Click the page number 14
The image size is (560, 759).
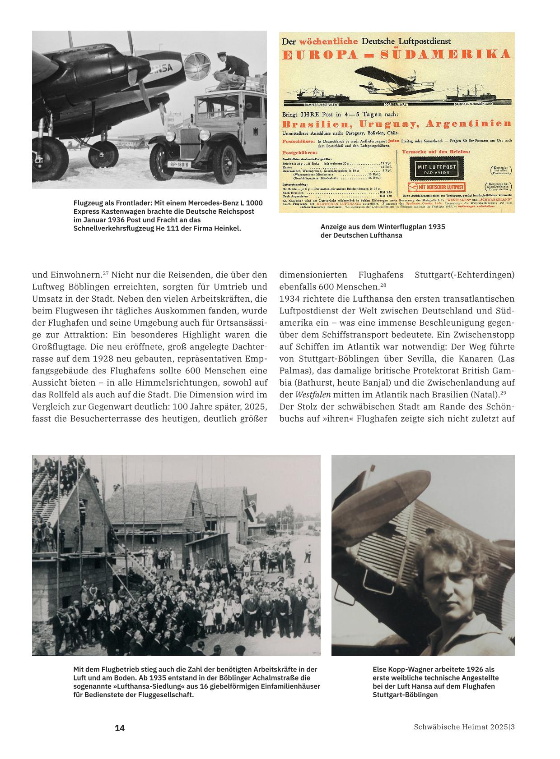click(120, 728)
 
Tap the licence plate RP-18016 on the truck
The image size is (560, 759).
click(180, 165)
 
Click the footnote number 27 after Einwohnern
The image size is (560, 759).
click(106, 273)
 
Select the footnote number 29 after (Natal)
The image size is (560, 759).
click(503, 392)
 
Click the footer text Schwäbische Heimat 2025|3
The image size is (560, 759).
click(464, 727)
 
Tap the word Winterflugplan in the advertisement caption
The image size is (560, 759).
click(399, 226)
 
